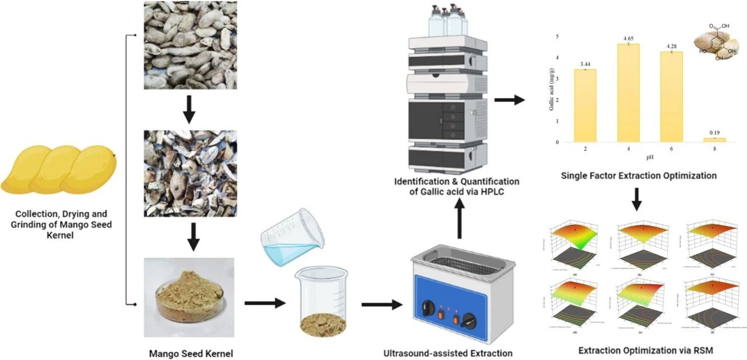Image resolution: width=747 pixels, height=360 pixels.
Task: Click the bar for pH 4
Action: pos(628,93)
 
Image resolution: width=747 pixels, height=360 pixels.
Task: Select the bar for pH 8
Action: pos(714,140)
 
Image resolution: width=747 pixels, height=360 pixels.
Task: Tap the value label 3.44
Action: pos(585,62)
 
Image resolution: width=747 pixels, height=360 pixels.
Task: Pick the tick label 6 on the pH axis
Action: pos(671,149)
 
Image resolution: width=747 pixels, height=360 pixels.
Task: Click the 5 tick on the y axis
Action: pos(557,37)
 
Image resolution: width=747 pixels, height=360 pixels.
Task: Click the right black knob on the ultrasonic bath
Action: pos(467,320)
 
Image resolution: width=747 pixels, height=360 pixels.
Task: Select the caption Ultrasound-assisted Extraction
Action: pos(448,353)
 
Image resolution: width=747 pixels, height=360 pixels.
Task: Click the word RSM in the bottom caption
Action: pos(702,351)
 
